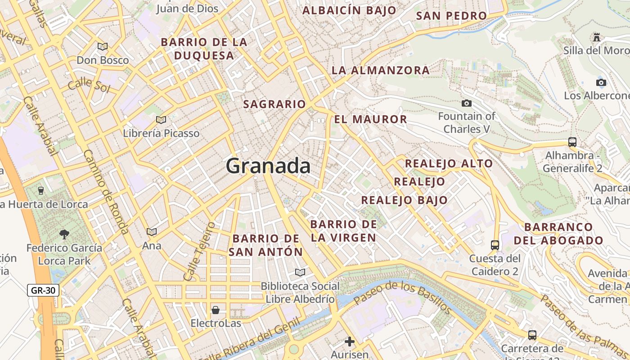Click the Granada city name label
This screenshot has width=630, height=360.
(268, 166)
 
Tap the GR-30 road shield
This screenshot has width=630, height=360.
(43, 290)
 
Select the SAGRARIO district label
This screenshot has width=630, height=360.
(274, 104)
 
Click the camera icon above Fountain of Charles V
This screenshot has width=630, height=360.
(467, 103)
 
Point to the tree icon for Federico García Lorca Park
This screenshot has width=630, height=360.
(64, 234)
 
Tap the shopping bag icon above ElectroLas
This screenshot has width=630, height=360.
(216, 310)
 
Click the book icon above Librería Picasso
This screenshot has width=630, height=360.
(161, 120)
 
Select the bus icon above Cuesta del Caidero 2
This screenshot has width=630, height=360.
(495, 245)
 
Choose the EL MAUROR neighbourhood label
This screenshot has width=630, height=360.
(370, 119)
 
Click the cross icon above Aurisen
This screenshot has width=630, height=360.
(350, 342)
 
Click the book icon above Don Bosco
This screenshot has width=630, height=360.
(103, 46)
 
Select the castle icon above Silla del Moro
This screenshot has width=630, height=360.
(597, 37)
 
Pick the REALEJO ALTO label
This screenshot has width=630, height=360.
(449, 163)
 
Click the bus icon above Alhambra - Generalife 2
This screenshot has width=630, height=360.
(572, 142)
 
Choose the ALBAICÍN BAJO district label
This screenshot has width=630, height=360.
(349, 10)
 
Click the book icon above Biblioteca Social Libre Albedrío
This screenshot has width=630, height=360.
(300, 272)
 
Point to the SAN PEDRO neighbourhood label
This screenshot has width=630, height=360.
(451, 16)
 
